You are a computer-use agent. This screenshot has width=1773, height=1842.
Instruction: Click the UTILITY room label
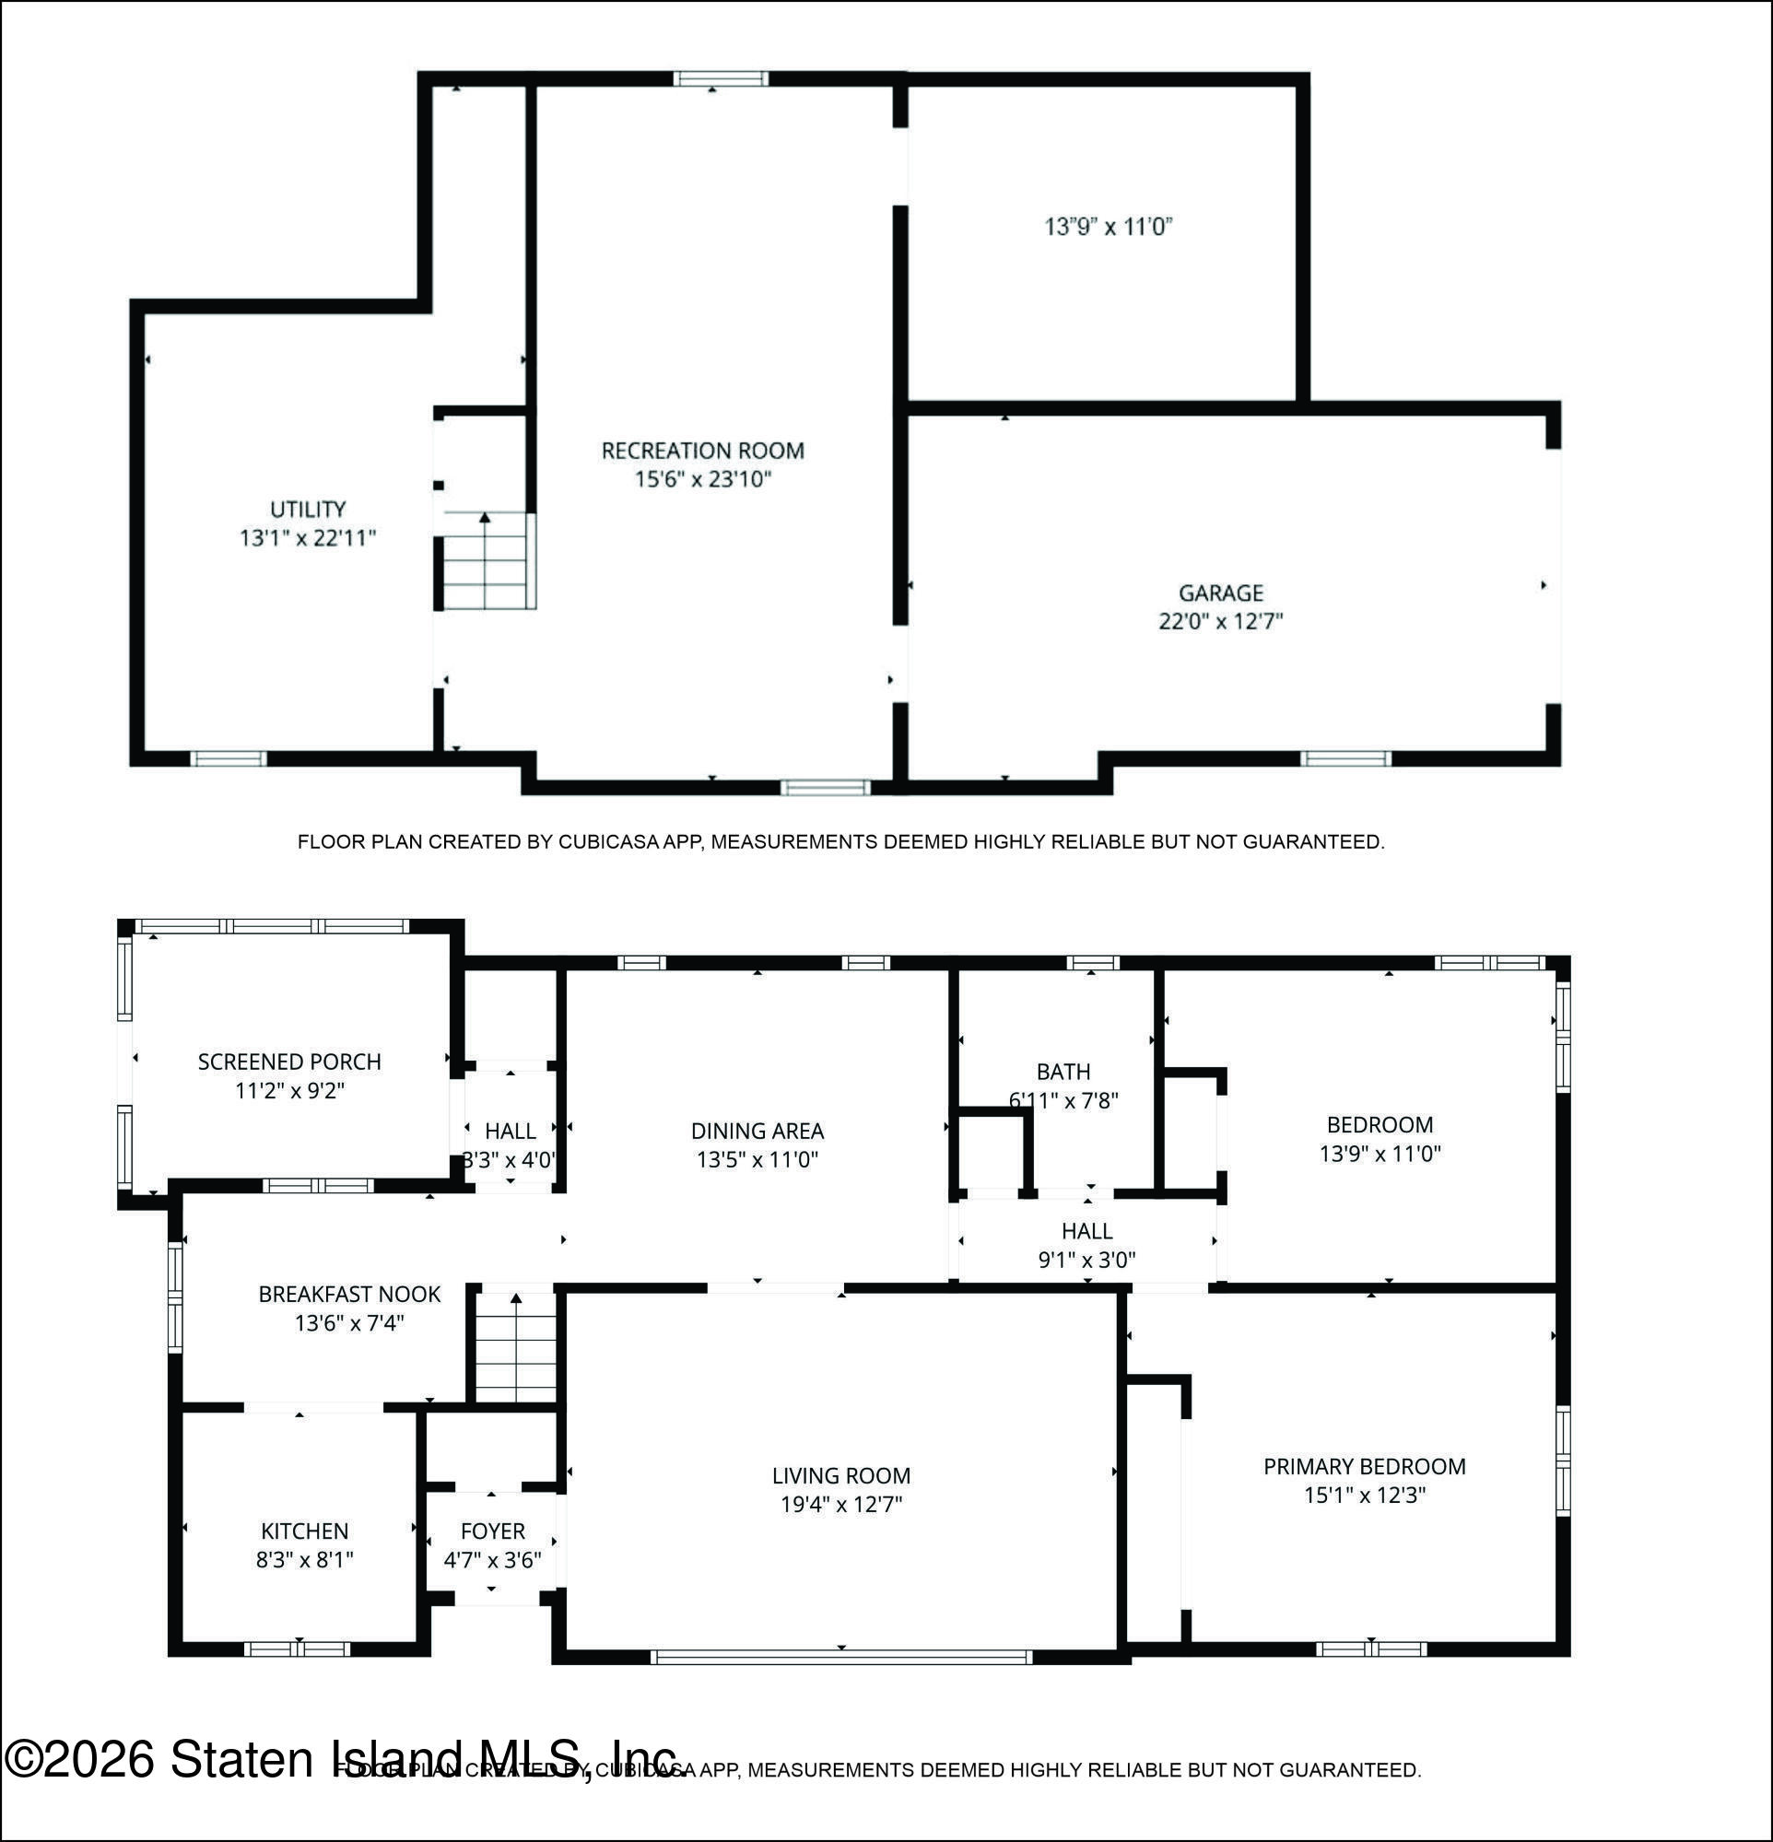tap(308, 510)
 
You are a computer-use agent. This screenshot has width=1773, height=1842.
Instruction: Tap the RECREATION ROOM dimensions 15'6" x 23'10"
tap(702, 479)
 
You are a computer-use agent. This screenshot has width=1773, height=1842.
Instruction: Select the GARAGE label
tap(1220, 593)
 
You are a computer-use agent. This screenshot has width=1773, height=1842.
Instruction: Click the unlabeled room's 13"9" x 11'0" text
tap(1109, 227)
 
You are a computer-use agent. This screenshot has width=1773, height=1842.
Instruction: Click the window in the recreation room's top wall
tap(720, 79)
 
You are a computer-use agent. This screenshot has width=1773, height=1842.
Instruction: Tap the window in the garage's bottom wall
tap(1344, 758)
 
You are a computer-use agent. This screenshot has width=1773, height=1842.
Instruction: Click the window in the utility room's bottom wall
tap(229, 758)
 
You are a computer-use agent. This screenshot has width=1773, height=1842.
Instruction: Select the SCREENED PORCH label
tap(288, 1062)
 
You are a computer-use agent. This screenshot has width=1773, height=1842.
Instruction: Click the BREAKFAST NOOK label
tap(348, 1294)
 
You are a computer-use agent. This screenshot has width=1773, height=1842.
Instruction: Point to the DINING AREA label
tap(757, 1131)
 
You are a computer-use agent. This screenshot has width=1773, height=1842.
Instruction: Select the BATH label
tap(1063, 1072)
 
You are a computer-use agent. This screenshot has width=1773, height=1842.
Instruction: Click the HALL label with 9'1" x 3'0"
tap(1086, 1231)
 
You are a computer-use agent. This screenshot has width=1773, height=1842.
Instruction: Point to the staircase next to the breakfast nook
tap(515, 1347)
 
